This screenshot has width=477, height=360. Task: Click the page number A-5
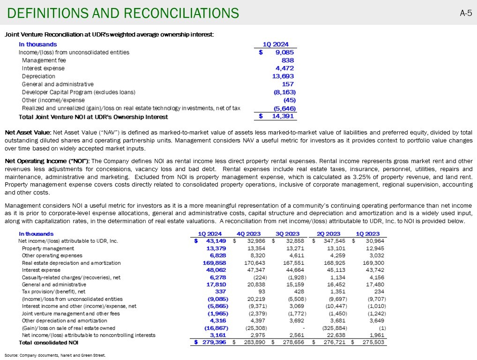click(465, 13)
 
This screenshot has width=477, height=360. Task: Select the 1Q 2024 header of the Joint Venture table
click(279, 45)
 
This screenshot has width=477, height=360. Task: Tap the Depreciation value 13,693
click(283, 76)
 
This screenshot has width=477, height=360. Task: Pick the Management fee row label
click(44, 60)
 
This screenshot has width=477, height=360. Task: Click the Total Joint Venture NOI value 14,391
click(283, 116)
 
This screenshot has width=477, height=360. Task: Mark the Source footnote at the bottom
click(55, 355)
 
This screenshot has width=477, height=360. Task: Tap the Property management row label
click(48, 248)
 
